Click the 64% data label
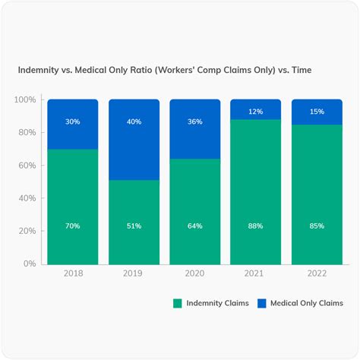tap(195, 226)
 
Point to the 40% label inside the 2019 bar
tap(134, 122)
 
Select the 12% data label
tap(256, 112)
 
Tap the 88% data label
tap(256, 226)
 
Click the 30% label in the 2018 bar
tap(73, 122)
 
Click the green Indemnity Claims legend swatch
tap(178, 303)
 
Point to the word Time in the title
tap(298, 69)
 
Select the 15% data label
tap(317, 112)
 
